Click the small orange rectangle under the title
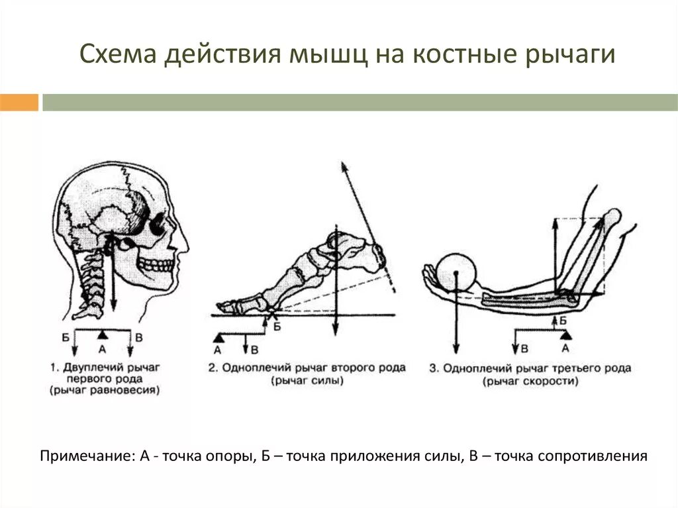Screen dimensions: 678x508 click(x=19, y=103)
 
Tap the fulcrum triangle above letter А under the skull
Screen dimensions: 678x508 click(x=101, y=332)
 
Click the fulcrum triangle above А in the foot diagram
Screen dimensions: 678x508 click(x=218, y=338)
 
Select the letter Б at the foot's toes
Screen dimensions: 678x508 click(x=277, y=327)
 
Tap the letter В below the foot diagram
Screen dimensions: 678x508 click(x=255, y=348)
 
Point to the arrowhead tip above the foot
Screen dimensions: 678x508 click(x=342, y=164)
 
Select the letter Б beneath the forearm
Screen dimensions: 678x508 click(x=562, y=321)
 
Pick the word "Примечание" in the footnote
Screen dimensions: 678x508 click(x=84, y=456)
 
